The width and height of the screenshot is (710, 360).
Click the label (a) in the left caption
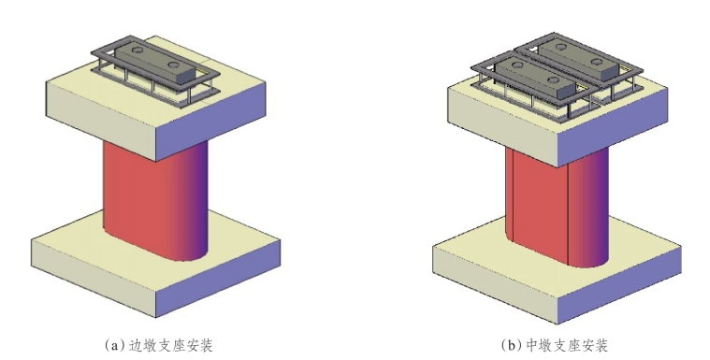[114, 346]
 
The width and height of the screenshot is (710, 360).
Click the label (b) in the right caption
[511, 346]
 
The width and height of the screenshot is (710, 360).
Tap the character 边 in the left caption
[136, 346]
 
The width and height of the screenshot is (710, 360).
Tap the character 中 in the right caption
[532, 346]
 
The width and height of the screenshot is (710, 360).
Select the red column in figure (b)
[557, 209]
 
